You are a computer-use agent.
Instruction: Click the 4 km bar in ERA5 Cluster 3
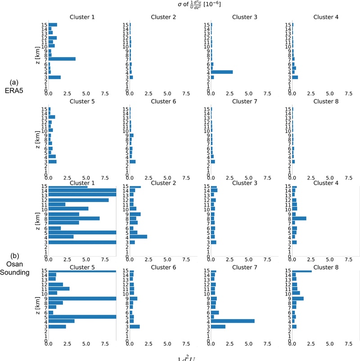click(x=221, y=72)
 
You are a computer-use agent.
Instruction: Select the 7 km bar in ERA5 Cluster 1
click(x=62, y=59)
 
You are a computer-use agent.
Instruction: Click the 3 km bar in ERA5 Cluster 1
click(x=54, y=77)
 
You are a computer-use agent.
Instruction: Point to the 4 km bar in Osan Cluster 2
click(x=138, y=236)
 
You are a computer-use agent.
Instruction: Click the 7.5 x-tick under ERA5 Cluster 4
click(x=348, y=94)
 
